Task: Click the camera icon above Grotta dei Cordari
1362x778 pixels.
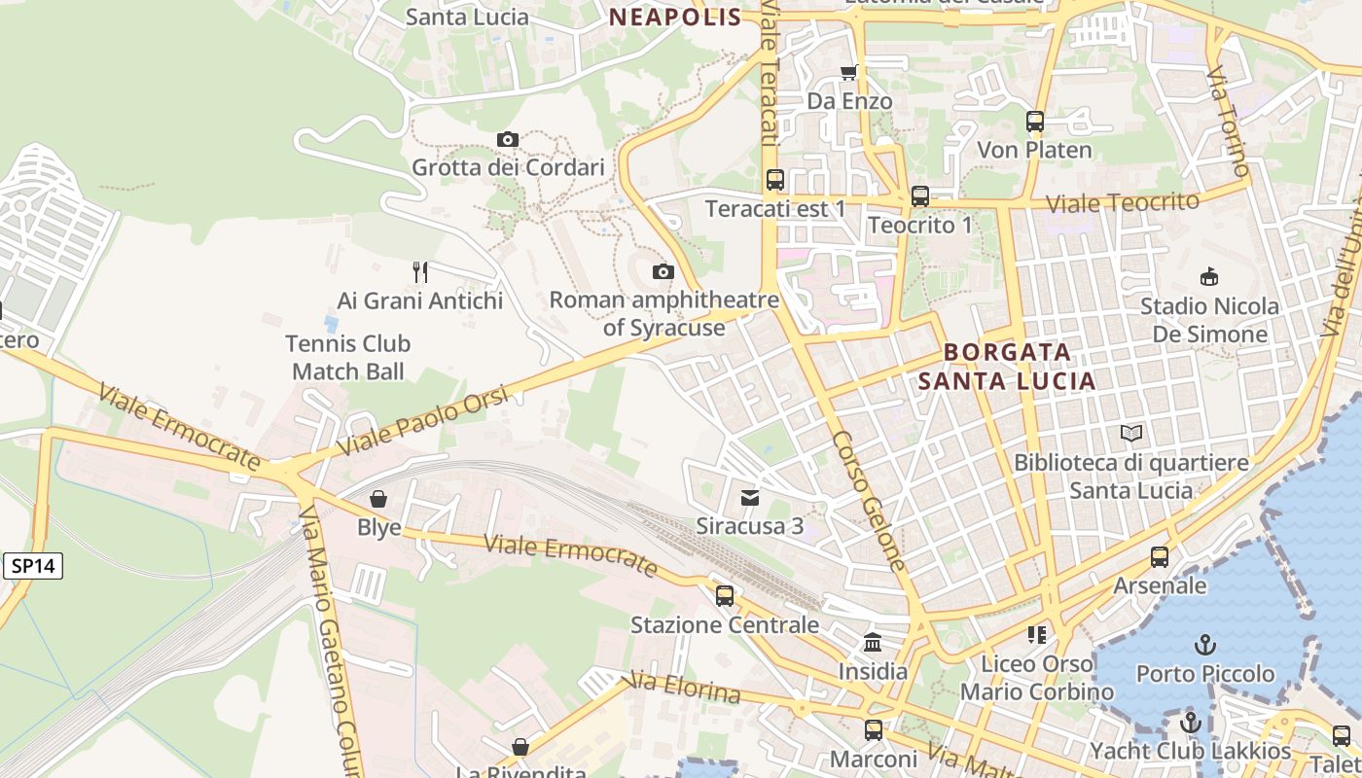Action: point(507,139)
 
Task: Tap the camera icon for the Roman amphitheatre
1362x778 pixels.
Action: point(663,271)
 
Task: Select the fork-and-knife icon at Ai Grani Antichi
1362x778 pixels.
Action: point(420,271)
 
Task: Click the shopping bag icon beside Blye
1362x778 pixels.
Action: point(378,499)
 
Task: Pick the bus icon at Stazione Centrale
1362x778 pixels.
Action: point(725,595)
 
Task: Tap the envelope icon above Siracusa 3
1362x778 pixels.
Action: point(750,498)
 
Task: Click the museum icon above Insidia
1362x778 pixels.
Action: point(873,643)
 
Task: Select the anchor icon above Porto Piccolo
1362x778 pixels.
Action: point(1205,645)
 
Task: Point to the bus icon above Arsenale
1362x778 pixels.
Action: point(1160,557)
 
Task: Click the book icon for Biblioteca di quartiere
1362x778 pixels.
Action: point(1131,434)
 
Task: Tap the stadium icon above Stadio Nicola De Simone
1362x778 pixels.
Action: point(1209,277)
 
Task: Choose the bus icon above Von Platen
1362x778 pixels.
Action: point(1035,122)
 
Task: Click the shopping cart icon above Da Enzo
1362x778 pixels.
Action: point(849,72)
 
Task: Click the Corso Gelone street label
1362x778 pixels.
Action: point(870,501)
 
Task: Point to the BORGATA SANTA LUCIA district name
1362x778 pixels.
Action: point(1007,366)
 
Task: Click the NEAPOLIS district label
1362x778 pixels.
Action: point(675,17)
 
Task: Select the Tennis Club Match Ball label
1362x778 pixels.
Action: point(348,357)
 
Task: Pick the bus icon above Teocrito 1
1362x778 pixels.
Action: point(920,196)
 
